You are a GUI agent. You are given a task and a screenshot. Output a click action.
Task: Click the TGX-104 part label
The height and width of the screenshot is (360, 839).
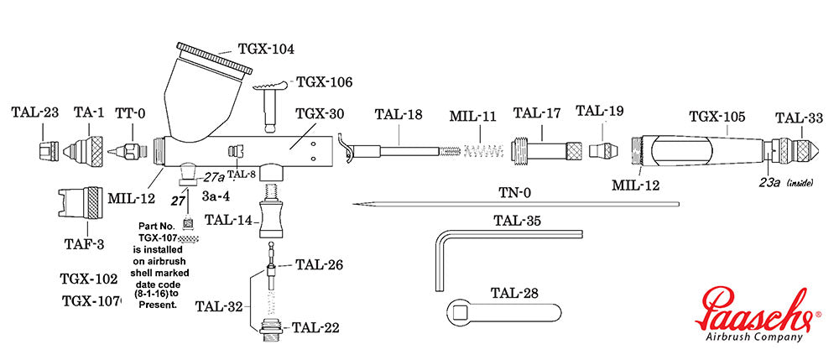tap(267, 50)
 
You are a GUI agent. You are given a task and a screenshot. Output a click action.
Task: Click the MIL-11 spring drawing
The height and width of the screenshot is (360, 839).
tap(479, 152)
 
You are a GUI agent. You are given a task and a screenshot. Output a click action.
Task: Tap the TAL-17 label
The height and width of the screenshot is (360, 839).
tap(538, 113)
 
